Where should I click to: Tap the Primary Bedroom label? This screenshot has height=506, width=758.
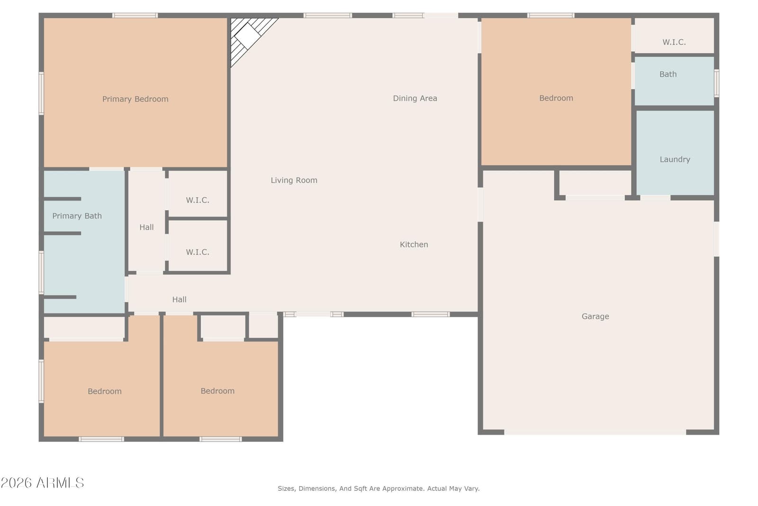click(x=135, y=99)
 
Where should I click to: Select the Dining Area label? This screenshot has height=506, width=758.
click(x=415, y=98)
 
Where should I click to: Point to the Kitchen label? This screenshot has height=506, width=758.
click(x=414, y=245)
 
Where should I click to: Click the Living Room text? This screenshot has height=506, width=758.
click(x=294, y=180)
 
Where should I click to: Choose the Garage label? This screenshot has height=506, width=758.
click(x=595, y=316)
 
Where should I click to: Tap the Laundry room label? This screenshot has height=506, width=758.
click(x=675, y=159)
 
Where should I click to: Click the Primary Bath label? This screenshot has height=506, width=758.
click(x=77, y=216)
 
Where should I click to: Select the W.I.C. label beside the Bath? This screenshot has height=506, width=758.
click(x=674, y=42)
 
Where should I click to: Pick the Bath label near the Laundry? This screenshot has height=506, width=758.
click(x=668, y=74)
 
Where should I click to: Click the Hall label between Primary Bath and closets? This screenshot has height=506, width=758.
click(x=146, y=227)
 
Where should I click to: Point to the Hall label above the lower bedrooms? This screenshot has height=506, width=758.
click(x=180, y=299)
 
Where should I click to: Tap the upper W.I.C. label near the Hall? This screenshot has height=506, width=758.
click(x=198, y=200)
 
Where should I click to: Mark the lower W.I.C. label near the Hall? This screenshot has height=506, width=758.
click(x=198, y=252)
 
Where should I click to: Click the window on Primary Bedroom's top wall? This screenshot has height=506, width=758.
click(x=135, y=15)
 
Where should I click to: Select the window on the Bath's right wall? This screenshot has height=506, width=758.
click(x=716, y=83)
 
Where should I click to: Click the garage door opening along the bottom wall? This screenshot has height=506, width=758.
click(x=595, y=432)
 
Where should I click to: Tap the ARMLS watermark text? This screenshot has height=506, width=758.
click(x=42, y=483)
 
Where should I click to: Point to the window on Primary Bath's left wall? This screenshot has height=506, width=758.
click(x=41, y=273)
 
